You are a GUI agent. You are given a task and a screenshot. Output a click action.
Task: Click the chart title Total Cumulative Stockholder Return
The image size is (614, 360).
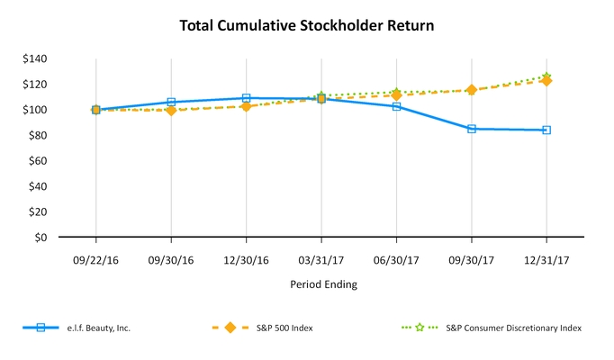pos(307,25)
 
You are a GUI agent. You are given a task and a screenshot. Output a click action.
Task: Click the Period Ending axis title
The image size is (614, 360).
pos(321,284)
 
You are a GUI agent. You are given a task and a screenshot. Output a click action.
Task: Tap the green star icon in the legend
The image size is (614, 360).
pos(420,328)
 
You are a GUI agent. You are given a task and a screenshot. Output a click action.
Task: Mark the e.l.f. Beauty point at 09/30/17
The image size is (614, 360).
pos(471,129)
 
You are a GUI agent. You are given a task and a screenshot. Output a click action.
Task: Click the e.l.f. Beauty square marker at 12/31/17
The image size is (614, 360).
pos(546,130)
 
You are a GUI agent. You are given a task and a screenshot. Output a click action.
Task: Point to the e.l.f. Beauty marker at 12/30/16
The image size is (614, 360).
pos(246,98)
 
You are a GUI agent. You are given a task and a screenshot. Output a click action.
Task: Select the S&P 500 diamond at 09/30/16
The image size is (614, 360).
pos(171,110)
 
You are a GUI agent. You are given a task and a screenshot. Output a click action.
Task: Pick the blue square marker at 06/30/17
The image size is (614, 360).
pos(396,106)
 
